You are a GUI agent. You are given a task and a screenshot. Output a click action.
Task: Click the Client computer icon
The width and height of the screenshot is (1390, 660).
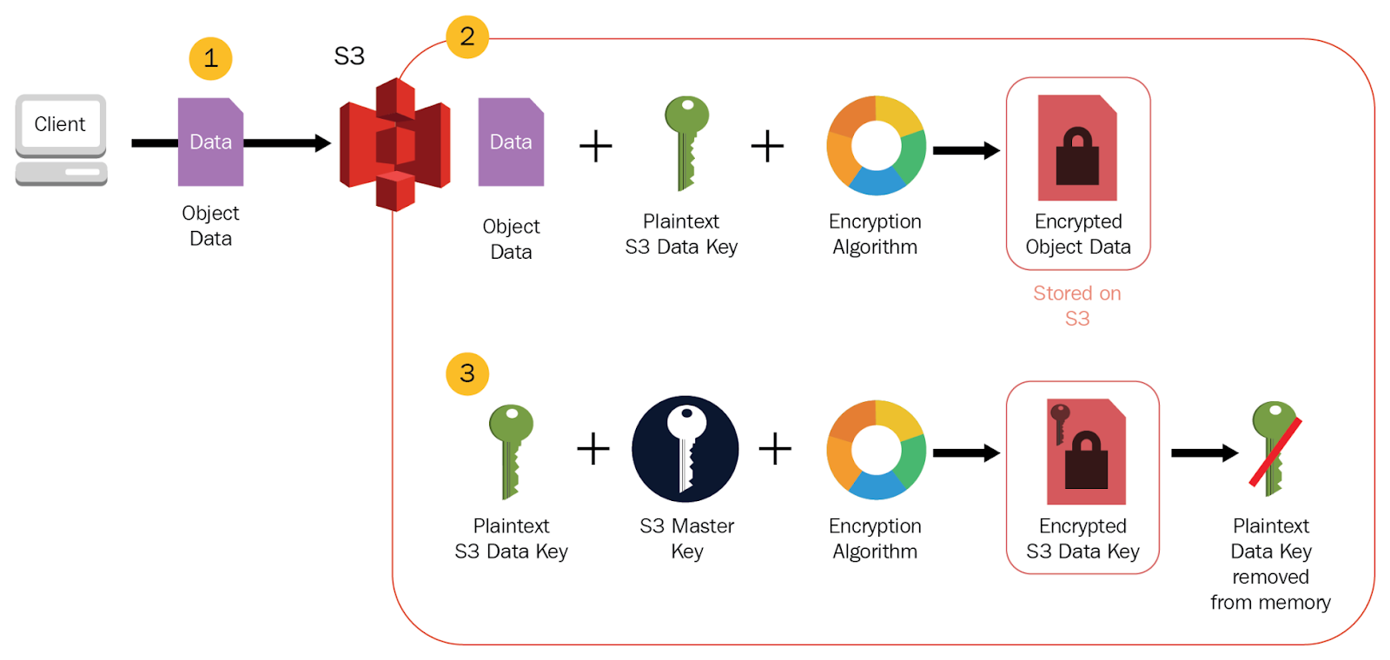coord(61,139)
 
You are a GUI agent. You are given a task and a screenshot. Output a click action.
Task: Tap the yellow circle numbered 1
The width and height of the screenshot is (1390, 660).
coord(210,59)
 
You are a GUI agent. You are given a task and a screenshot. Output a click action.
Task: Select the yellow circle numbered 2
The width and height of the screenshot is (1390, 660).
coord(467,36)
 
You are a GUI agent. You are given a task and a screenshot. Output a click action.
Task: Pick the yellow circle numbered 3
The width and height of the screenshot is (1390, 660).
coord(467,373)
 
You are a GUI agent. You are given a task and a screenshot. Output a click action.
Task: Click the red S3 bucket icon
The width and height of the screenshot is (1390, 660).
coord(395,144)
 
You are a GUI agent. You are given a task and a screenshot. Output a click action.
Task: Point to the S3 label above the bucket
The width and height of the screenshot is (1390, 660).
coord(349,56)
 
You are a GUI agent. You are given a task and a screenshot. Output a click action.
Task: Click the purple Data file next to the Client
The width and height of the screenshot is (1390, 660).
coord(210,142)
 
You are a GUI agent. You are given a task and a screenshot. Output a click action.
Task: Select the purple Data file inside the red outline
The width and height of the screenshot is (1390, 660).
coord(511,142)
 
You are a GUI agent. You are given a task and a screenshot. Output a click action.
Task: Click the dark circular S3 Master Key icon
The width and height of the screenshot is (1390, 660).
coord(685,449)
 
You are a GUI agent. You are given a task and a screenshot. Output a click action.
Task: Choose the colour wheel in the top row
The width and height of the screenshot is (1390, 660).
coord(876,145)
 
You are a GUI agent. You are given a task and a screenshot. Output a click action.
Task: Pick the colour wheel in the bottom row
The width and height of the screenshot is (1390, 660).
coord(876,450)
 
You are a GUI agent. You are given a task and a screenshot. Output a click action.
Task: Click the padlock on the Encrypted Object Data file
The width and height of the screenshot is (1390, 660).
coord(1077,158)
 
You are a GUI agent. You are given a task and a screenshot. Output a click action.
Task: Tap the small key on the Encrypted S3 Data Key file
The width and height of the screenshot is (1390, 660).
coord(1059,422)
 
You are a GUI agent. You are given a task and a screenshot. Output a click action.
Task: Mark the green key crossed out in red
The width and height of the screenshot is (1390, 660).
coord(1274,448)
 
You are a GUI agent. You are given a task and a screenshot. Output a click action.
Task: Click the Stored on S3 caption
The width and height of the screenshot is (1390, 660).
coord(1077,306)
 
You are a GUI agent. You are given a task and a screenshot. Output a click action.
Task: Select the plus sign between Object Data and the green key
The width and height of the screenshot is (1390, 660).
coord(596,146)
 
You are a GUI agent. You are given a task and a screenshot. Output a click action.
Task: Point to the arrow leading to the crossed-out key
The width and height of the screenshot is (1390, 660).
coord(1204,452)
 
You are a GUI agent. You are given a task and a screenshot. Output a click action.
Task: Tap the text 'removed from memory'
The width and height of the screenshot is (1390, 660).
coord(1270,590)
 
